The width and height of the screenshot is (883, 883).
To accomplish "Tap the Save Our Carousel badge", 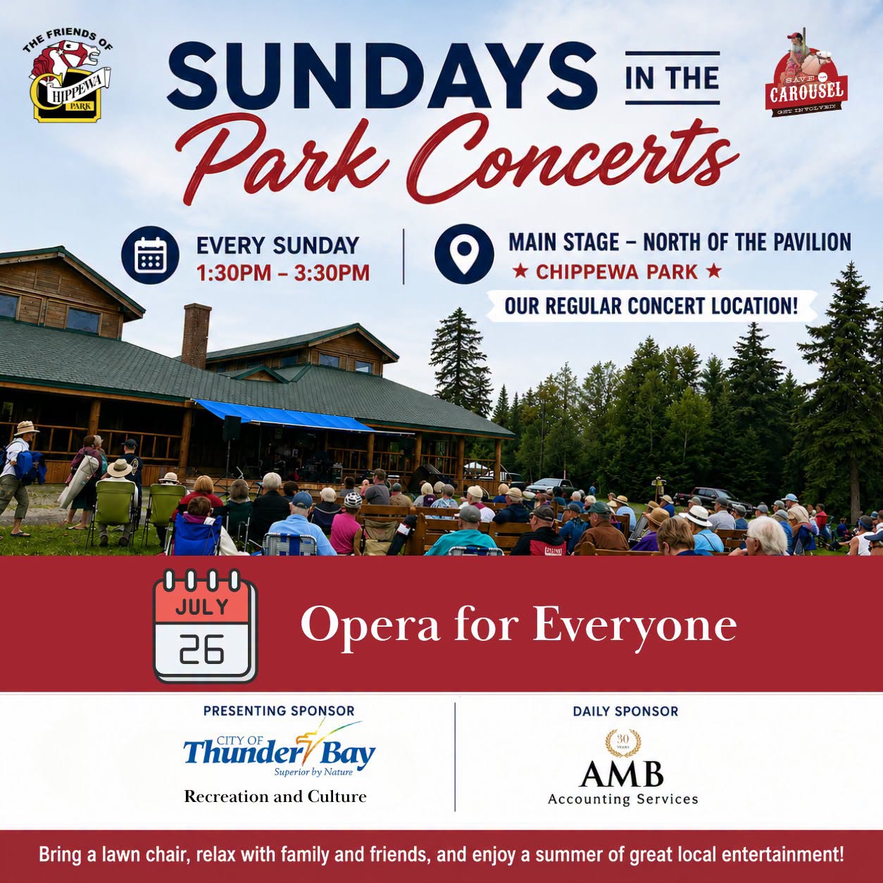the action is click(806, 75).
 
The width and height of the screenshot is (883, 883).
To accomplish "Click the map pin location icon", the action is click(464, 253).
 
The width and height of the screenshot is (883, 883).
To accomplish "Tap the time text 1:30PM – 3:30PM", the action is click(283, 273).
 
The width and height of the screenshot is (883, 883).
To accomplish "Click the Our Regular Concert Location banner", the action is click(651, 306).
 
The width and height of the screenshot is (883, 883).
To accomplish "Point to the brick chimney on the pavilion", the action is click(196, 336).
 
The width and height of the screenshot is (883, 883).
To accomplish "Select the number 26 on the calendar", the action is click(201, 650).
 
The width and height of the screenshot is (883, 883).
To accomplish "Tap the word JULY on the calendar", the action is click(202, 607).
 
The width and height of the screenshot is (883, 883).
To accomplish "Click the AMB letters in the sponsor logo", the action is click(621, 773).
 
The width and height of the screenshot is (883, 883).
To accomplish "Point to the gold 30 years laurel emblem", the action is click(622, 743).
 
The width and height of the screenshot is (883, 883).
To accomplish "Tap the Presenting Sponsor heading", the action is click(279, 710).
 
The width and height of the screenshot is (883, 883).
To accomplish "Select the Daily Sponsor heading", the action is click(625, 711).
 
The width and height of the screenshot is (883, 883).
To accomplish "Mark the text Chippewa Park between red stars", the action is click(617, 273).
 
